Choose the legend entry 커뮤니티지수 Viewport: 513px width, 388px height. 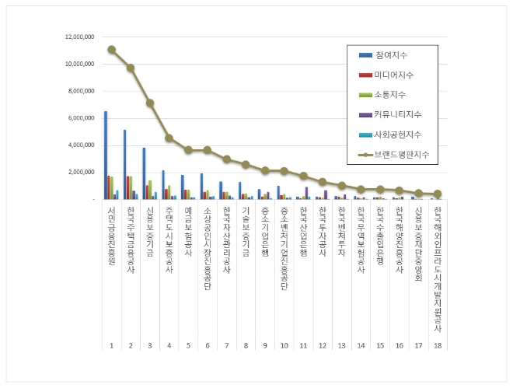(397, 114)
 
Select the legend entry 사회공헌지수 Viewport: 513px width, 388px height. (397, 135)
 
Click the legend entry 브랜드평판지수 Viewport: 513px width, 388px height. (401, 155)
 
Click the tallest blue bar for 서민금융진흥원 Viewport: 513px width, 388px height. (106, 156)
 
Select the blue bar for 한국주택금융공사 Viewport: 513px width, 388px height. (124, 164)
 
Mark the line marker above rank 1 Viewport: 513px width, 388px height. (112, 49)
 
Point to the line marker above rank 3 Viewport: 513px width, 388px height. (150, 103)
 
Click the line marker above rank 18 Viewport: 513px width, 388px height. (438, 194)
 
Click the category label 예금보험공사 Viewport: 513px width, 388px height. (188, 232)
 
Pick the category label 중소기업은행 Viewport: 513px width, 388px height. (265, 232)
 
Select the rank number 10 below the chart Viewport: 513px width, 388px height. (284, 344)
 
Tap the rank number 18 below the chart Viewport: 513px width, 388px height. (438, 344)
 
